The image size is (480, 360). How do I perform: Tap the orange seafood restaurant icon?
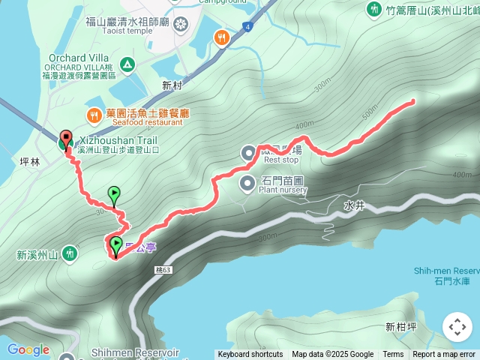pos(93,115)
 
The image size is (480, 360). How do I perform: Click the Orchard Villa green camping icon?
pos(127,65)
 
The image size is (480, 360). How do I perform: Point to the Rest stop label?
pos(281,160)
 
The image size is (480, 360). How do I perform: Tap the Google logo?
pos(28,349)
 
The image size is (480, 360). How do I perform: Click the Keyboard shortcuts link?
pos(250,355)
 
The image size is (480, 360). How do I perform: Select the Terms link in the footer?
pos(393,355)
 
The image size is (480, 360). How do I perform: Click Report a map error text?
pos(444,355)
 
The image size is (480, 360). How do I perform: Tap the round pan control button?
pos(457,327)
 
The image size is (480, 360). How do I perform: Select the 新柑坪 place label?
pos(400,326)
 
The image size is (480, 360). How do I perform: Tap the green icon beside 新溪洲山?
pos(70,254)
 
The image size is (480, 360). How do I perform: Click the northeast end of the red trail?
pos(412,100)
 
